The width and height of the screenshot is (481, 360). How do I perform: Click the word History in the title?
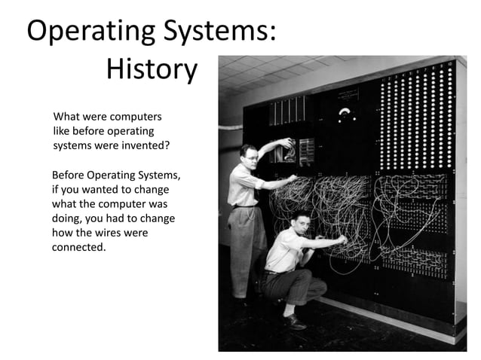click(x=152, y=71)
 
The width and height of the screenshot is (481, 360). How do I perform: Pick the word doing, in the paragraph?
click(x=69, y=218)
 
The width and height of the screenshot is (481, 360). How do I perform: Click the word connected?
click(x=78, y=247)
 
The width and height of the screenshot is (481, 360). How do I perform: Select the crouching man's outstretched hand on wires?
click(x=341, y=240)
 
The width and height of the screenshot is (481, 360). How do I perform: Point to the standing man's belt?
click(x=246, y=206)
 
